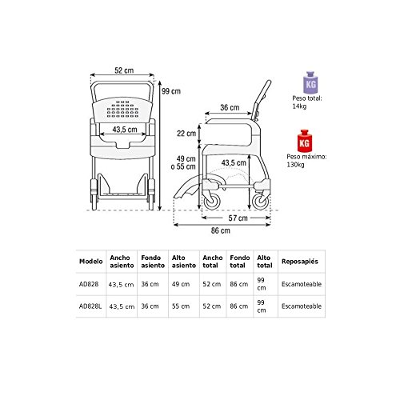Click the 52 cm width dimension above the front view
(124, 70)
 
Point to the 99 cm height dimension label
(171, 91)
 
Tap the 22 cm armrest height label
(186, 134)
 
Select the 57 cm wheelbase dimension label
(238, 218)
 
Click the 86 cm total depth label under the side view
(221, 230)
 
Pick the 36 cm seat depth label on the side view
(230, 107)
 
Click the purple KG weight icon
(310, 82)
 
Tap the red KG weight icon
(304, 141)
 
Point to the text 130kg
(295, 165)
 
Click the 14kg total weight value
(299, 106)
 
